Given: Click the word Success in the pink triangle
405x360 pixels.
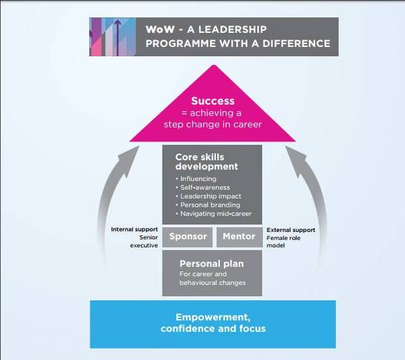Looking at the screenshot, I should click(213, 101).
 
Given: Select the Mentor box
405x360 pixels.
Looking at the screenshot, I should click(239, 237).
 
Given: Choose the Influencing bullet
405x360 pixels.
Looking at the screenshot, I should click(198, 179).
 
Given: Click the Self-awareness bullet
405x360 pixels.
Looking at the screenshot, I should click(204, 188).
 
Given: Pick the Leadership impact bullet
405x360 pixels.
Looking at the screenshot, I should click(208, 196).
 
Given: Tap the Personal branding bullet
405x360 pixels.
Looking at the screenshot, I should click(209, 205).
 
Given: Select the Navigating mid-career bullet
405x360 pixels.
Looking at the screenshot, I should click(213, 214).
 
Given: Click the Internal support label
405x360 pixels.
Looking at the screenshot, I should click(134, 230).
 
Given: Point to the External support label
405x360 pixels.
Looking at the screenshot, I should click(291, 230).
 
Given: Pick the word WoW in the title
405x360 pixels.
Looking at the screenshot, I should click(158, 29).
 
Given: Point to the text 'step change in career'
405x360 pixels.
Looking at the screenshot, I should click(213, 125).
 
